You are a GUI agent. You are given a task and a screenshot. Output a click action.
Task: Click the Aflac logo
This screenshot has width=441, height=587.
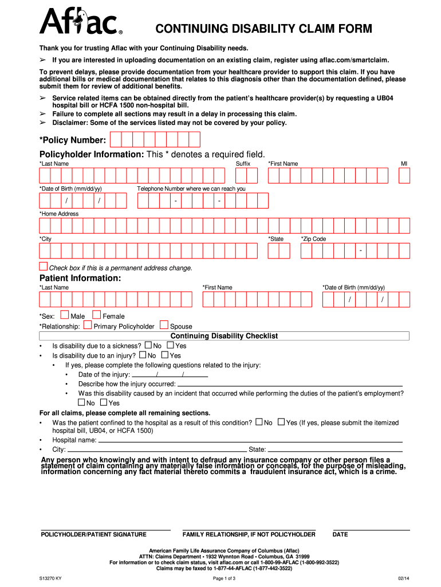point(80,22)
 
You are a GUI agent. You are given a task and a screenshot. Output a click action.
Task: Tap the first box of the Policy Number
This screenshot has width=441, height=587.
point(115,139)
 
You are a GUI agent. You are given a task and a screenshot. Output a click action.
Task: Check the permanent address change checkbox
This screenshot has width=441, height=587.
point(44,266)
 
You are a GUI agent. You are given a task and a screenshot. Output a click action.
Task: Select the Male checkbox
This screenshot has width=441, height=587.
point(64,314)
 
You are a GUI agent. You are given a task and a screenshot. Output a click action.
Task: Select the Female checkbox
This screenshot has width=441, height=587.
point(96,314)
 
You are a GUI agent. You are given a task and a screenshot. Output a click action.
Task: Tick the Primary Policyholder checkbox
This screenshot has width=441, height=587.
point(88,324)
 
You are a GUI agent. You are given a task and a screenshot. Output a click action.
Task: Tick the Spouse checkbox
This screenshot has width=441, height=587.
point(164,324)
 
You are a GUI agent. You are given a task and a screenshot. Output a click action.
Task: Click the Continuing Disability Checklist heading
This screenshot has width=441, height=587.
point(224,336)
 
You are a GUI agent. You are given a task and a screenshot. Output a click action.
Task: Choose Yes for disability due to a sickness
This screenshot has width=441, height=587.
point(170,345)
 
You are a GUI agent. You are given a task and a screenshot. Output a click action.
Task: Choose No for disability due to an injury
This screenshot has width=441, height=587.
point(143,355)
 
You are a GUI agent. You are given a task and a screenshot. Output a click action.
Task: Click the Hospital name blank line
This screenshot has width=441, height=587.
point(250,441)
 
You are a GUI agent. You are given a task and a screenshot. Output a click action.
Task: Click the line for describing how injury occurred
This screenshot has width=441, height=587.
point(290,384)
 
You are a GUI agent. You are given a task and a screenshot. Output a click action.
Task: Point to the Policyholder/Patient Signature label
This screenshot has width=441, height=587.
point(93,534)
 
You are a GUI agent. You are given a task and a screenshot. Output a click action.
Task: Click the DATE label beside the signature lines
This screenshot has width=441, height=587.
point(340,534)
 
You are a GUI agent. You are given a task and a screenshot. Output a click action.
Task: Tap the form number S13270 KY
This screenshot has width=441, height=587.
point(50,578)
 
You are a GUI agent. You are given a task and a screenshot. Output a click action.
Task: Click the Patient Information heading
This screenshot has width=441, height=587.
point(80,278)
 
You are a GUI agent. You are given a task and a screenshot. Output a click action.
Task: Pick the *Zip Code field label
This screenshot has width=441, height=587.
point(313,238)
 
